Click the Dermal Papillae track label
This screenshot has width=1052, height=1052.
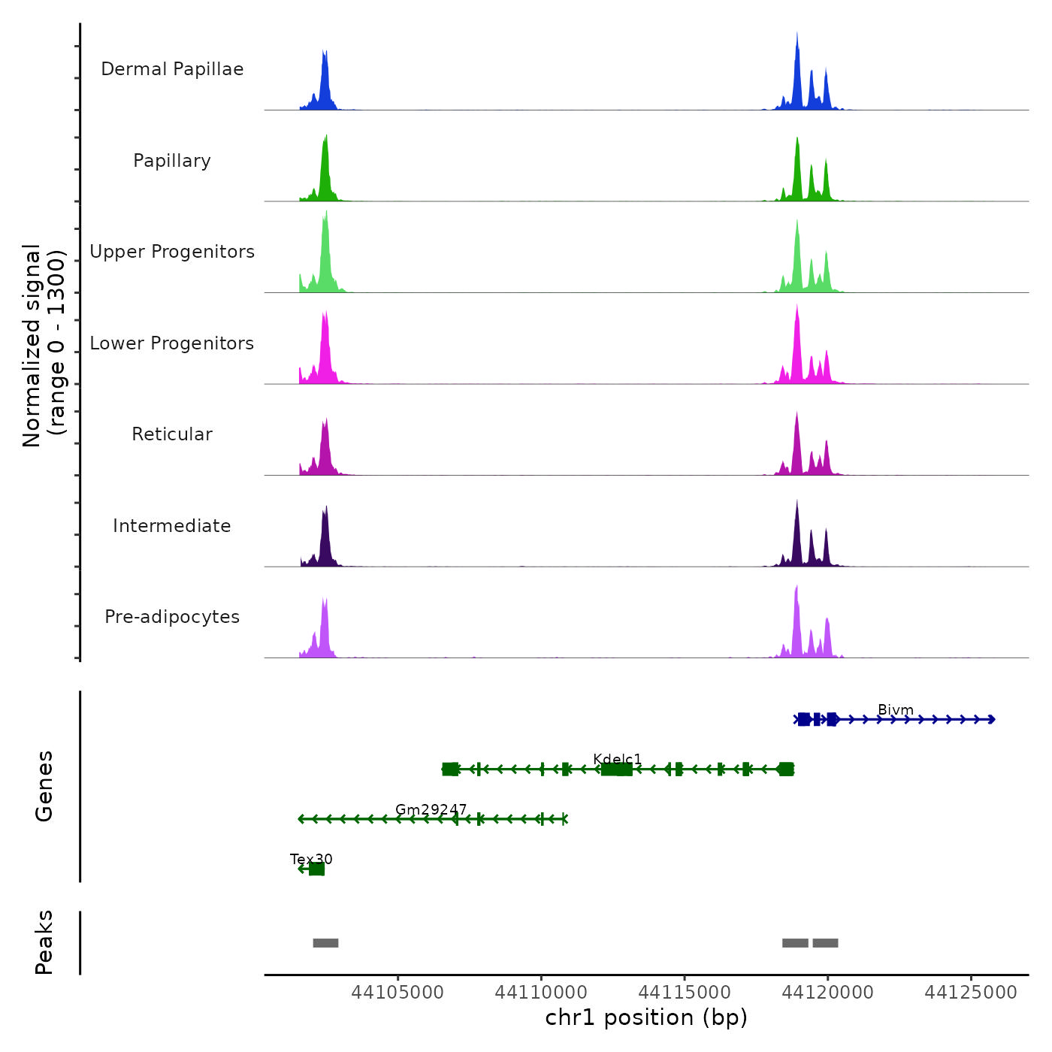172,69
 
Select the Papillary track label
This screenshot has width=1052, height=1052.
172,161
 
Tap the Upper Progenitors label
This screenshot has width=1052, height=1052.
172,252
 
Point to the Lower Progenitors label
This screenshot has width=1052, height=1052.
172,343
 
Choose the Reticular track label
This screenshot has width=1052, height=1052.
172,434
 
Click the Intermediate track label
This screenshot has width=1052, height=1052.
172,526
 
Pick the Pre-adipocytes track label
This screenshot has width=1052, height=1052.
172,617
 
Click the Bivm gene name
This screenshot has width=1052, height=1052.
895,710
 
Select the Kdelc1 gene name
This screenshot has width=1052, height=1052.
617,759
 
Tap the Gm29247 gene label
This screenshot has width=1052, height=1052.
431,809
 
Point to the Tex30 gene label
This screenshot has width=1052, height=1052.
311,859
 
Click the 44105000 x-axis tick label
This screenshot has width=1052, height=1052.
398,993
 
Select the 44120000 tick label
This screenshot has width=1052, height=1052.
827,993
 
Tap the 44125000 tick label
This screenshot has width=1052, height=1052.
971,993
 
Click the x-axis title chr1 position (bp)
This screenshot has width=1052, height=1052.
646,1017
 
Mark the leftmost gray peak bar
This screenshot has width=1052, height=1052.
325,943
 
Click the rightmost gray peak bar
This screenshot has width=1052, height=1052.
825,943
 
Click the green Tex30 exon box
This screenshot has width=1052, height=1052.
316,869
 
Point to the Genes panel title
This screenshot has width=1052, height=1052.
44,786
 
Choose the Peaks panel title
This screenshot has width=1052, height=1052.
44,942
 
